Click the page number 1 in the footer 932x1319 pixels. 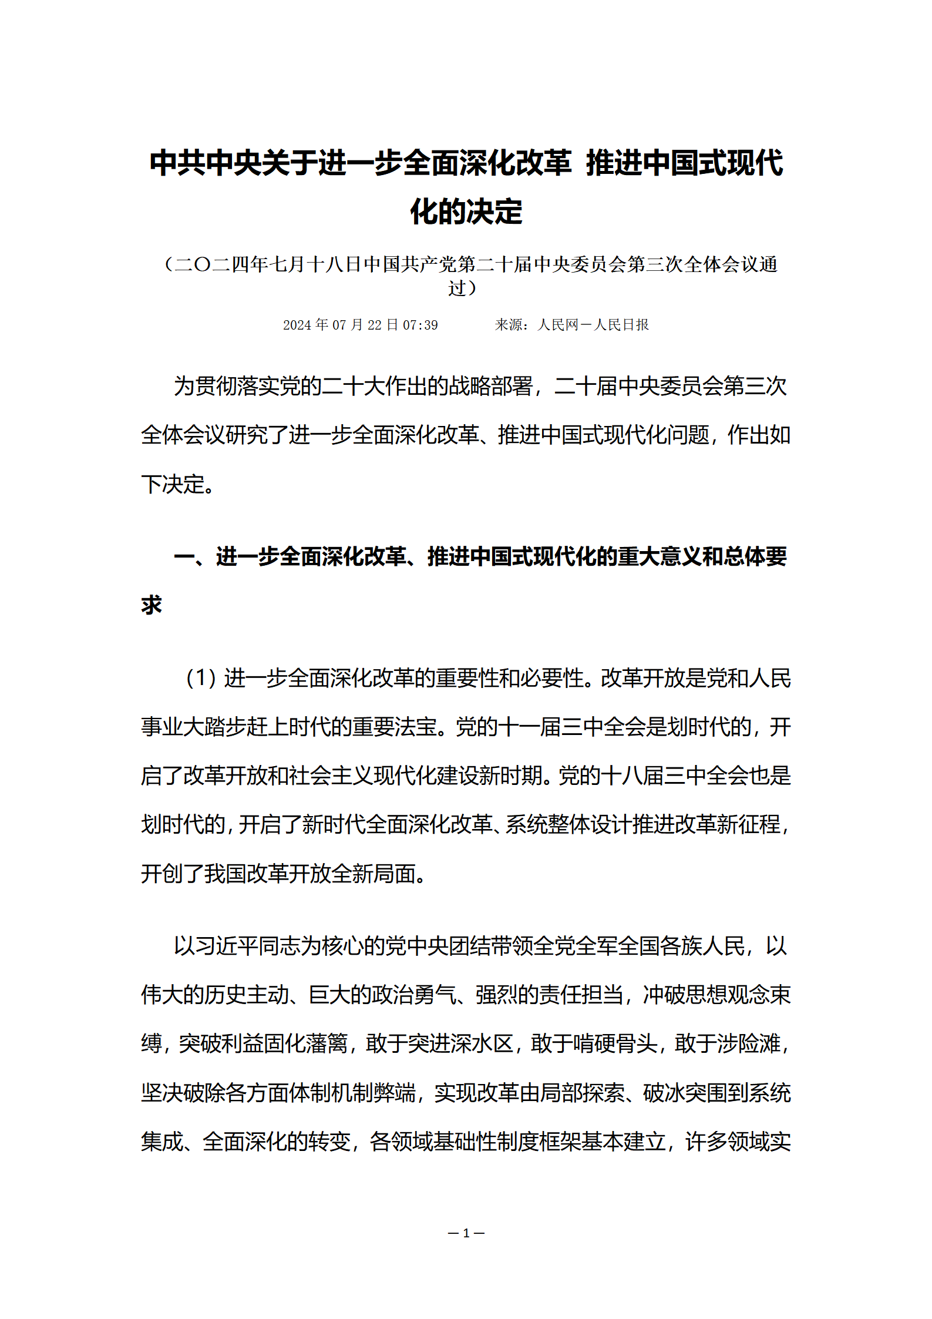pos(466,1233)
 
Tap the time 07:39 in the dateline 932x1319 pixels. pos(420,325)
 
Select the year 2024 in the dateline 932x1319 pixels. pos(298,325)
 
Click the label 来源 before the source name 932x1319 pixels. pos(509,325)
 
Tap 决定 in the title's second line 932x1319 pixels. pos(494,212)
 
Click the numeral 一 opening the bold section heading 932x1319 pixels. pos(184,556)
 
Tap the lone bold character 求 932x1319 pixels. pos(152,605)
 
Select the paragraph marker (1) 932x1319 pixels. pos(201,679)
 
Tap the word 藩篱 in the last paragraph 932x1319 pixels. pos(327,1044)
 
